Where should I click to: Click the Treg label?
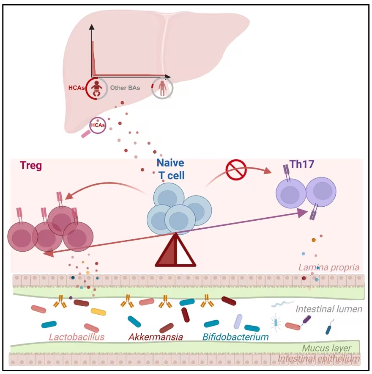tap(31, 165)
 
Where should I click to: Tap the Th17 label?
tap(302, 164)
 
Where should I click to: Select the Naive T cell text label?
tap(171, 169)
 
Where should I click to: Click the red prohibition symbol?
tap(236, 170)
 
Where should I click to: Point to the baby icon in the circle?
tap(97, 88)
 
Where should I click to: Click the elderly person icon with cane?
tap(163, 88)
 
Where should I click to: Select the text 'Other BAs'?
tap(125, 88)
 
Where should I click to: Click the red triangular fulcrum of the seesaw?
tap(175, 250)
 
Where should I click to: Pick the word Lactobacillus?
tap(77, 337)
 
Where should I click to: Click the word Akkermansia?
tap(156, 337)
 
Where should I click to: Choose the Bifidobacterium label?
tap(235, 337)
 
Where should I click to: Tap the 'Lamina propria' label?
tap(329, 267)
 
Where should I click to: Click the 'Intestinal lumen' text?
tap(329, 309)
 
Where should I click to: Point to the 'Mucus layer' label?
tap(326, 348)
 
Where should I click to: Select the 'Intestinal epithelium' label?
tap(318, 358)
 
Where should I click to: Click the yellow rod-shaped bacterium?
tap(98, 311)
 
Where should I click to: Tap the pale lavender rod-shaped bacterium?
tap(238, 321)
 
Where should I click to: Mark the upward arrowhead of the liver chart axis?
tap(92, 27)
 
